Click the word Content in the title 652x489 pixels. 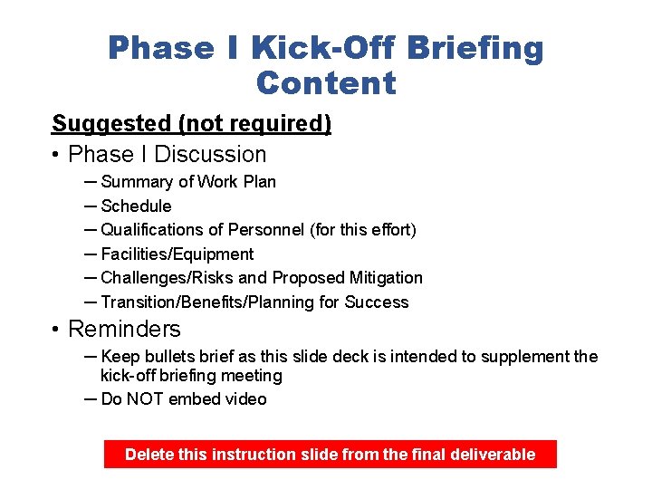point(326,83)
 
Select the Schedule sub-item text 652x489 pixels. point(136,206)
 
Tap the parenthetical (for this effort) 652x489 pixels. point(363,230)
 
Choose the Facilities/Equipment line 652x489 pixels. point(177,254)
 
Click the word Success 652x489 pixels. point(379,302)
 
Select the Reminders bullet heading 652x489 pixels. point(124,329)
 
